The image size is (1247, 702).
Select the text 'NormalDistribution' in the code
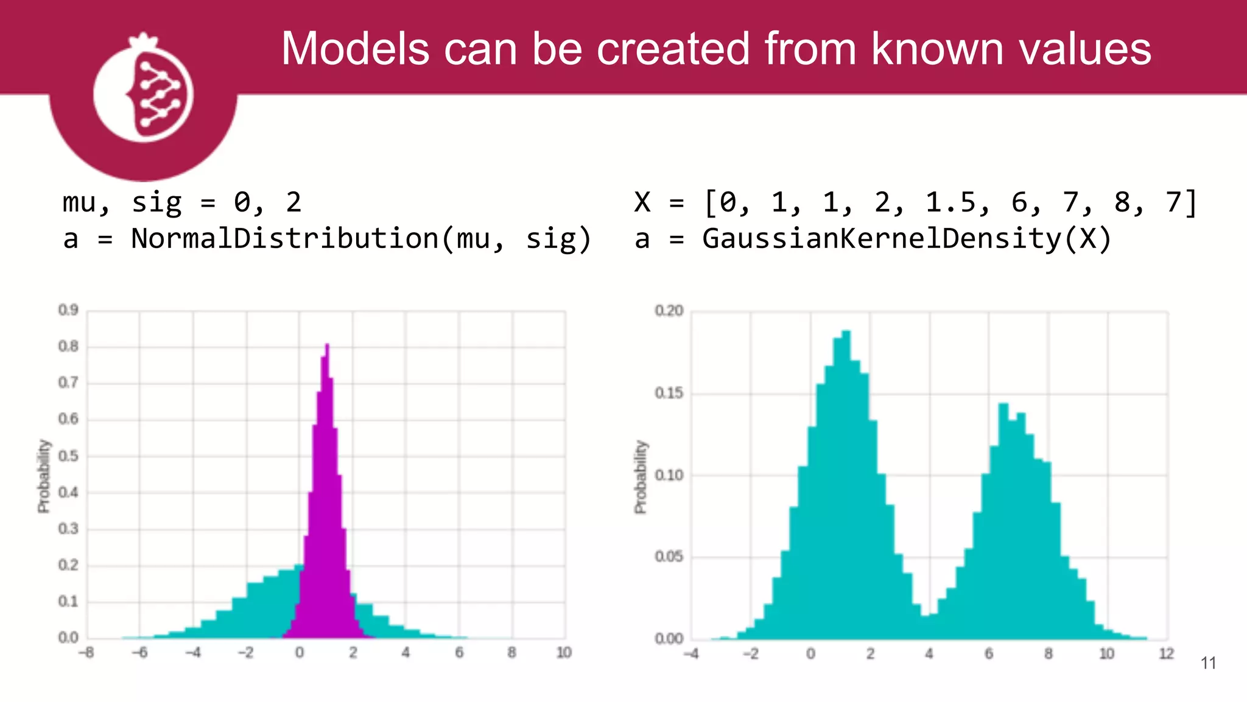click(284, 238)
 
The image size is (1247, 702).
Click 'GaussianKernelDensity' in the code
click(882, 238)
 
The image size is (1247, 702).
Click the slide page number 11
click(1208, 663)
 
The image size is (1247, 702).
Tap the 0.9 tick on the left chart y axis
click(68, 310)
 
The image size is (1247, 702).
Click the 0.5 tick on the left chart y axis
click(68, 456)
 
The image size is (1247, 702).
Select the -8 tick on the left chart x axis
click(86, 653)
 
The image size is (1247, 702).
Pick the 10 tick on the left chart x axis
click(564, 653)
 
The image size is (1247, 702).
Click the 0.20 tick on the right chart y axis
click(669, 311)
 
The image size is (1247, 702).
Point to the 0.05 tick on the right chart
click(669, 556)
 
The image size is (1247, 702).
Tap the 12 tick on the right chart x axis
click(1166, 654)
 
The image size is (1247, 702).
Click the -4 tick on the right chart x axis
click(691, 654)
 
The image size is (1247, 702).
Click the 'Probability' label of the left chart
click(43, 476)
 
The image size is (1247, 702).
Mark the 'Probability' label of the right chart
click(640, 477)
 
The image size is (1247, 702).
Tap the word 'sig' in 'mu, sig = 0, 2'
click(156, 202)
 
